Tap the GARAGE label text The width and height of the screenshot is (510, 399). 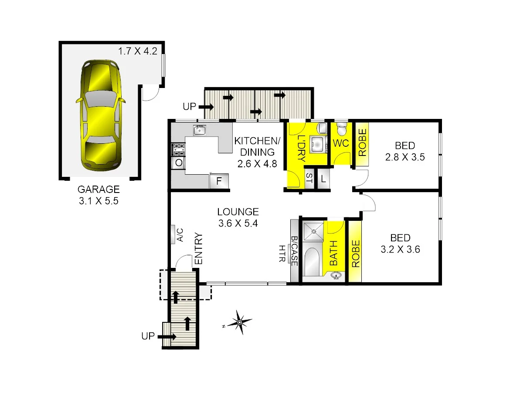click(98, 189)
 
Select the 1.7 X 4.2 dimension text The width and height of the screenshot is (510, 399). click(137, 51)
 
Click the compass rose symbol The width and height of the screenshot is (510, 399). click(239, 322)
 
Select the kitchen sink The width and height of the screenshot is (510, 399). click(200, 130)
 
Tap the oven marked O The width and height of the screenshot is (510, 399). click(179, 163)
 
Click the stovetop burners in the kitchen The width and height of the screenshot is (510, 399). click(179, 150)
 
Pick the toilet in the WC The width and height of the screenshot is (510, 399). click(342, 129)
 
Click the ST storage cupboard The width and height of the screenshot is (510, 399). click(309, 179)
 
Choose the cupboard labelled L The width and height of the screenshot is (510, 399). click(323, 179)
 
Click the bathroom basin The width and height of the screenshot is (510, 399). click(336, 276)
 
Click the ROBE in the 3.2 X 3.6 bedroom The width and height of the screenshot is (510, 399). click(355, 253)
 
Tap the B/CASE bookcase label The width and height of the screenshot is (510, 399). click(295, 251)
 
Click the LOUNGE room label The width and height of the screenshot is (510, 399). click(238, 212)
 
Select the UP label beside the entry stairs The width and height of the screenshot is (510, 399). click(148, 336)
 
